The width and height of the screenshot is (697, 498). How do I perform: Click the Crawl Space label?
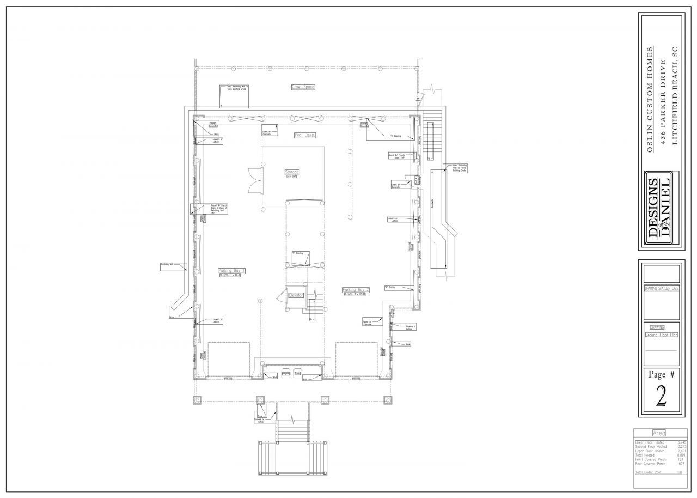303,87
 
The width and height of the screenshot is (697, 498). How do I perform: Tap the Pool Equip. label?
305,135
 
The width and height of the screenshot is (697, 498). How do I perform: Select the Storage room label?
292,172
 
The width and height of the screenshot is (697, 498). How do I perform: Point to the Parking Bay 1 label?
231,271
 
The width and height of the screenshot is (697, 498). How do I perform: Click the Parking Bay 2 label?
356,290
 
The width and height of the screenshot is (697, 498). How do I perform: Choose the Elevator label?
296,295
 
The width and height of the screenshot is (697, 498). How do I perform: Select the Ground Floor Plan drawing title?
661,336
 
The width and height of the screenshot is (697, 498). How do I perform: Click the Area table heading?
659,433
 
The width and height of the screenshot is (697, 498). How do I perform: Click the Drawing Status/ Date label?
661,289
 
